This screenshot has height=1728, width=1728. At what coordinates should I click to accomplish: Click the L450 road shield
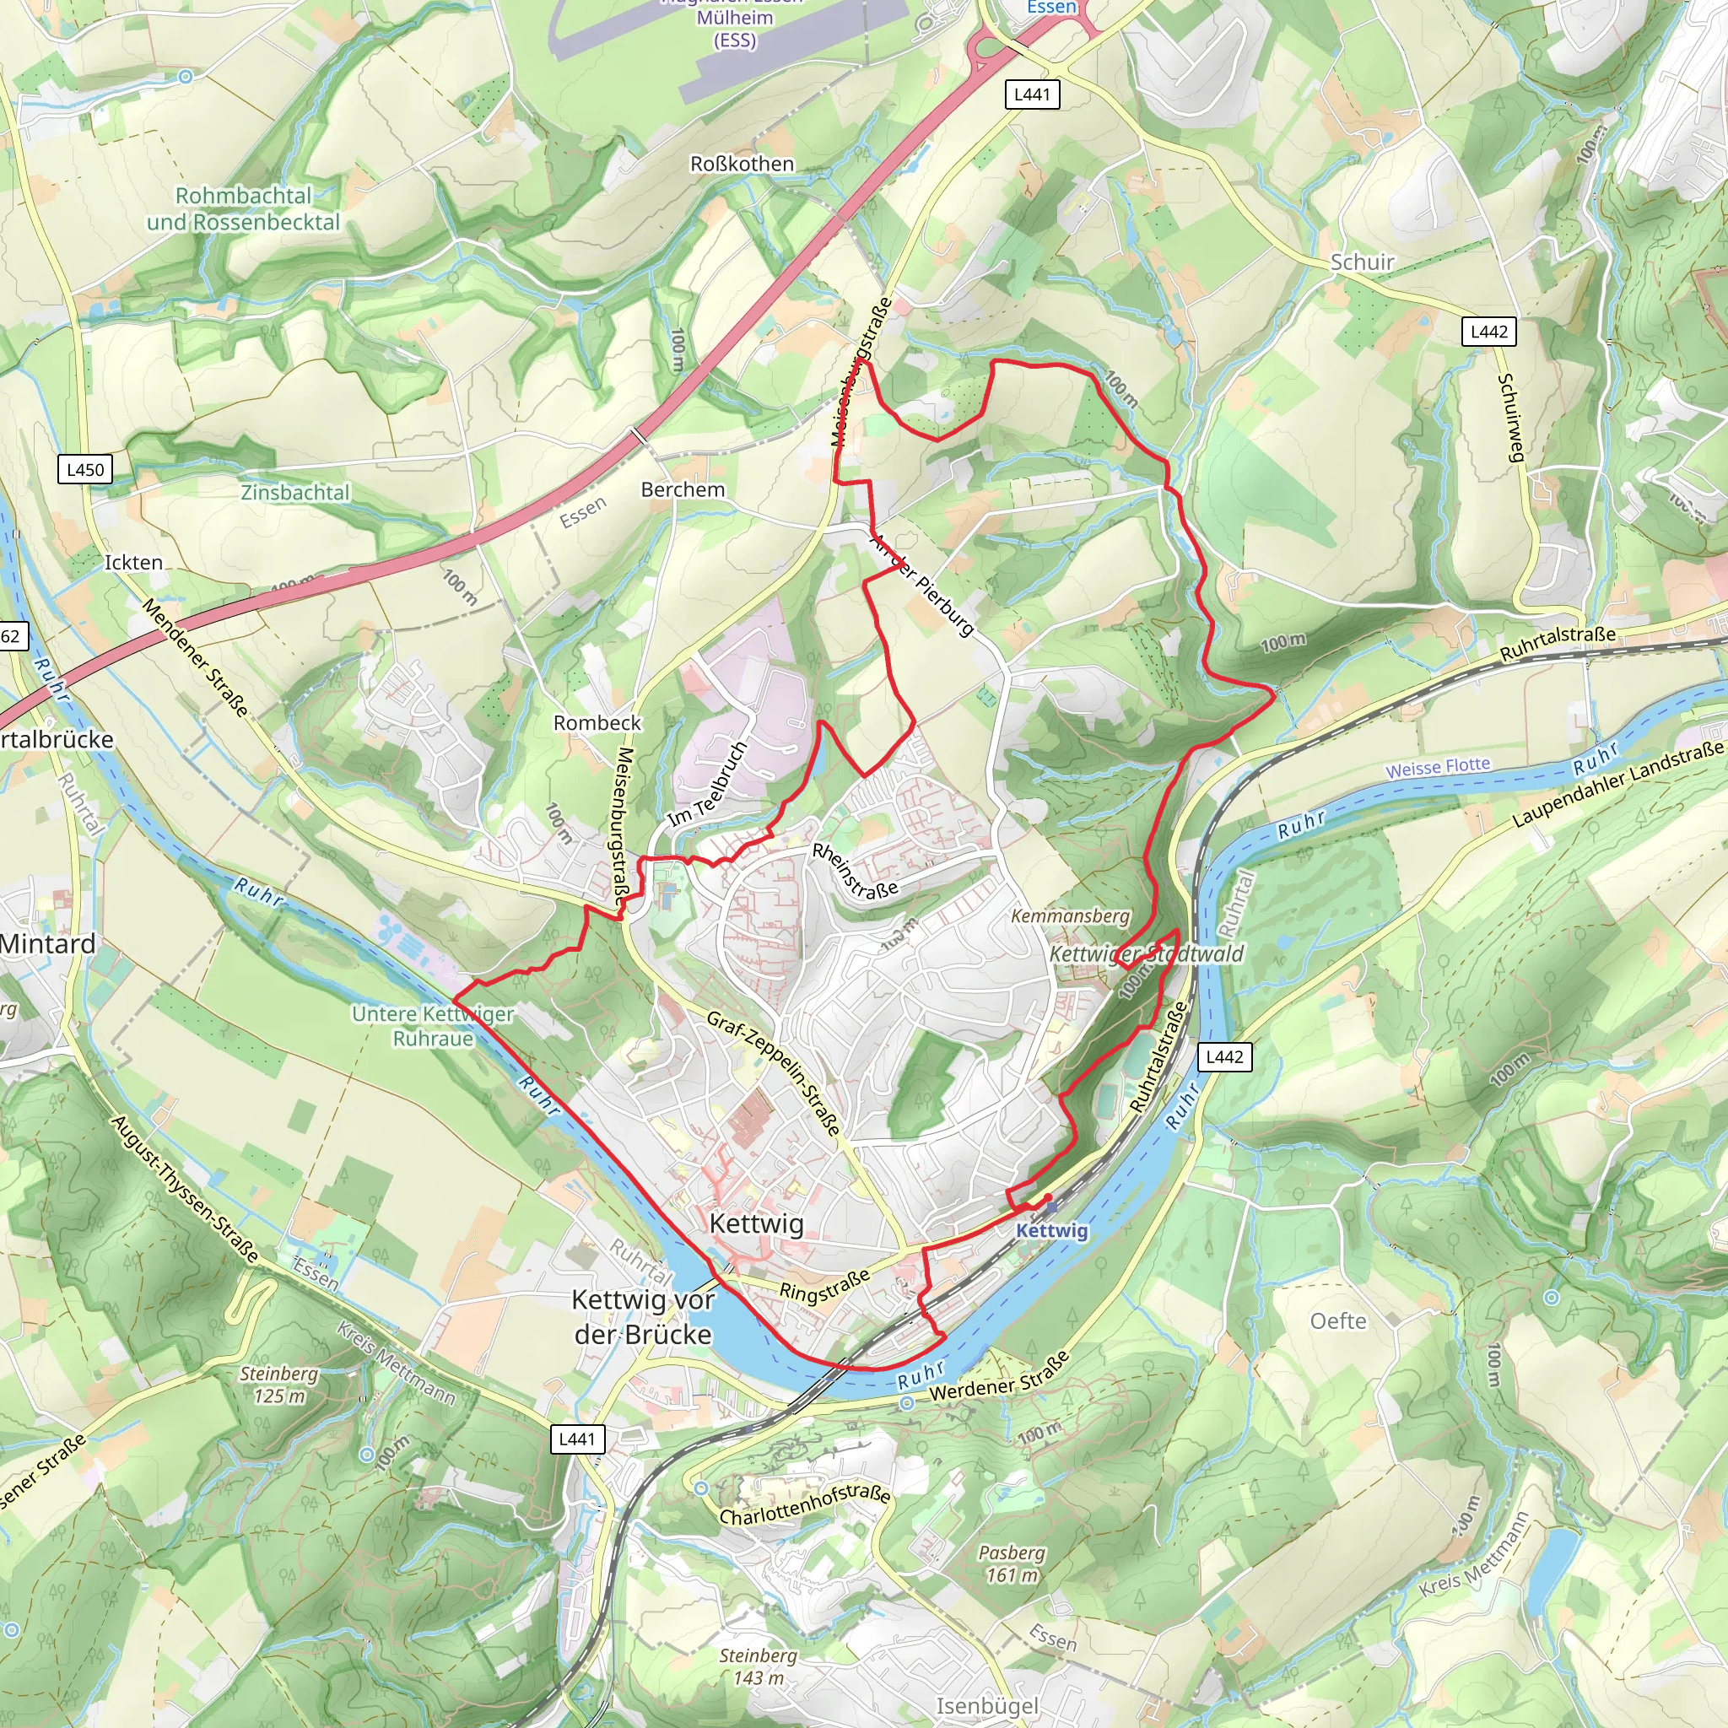click(x=85, y=470)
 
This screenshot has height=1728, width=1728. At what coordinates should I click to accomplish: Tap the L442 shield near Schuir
click(x=1489, y=332)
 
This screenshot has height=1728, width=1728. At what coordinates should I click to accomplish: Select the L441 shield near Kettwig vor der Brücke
click(x=576, y=1439)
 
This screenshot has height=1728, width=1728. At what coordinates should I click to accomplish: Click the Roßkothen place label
click(x=742, y=164)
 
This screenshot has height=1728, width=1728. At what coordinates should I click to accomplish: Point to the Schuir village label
click(x=1362, y=262)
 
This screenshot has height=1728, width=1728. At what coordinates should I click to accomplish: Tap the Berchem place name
click(x=683, y=489)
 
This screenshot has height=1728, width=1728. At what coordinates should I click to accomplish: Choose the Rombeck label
click(x=597, y=723)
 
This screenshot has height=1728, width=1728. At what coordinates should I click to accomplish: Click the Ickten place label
click(x=133, y=563)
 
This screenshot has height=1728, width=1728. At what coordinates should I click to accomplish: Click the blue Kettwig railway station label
click(x=1052, y=1230)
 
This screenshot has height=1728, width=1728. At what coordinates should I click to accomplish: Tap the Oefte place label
click(x=1338, y=1321)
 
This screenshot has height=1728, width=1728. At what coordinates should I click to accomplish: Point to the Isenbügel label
click(x=987, y=1705)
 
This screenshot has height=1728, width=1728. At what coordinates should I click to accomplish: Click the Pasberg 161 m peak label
click(x=1012, y=1563)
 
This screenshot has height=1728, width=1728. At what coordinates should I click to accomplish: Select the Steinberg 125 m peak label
click(x=278, y=1385)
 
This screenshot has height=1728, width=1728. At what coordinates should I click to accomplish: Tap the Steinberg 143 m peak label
click(x=758, y=1666)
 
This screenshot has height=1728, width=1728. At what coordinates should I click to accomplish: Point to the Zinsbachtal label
click(x=295, y=493)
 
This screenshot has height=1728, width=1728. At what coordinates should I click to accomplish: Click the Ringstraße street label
click(x=823, y=1286)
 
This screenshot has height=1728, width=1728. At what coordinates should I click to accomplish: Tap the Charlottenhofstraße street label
click(x=805, y=1505)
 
